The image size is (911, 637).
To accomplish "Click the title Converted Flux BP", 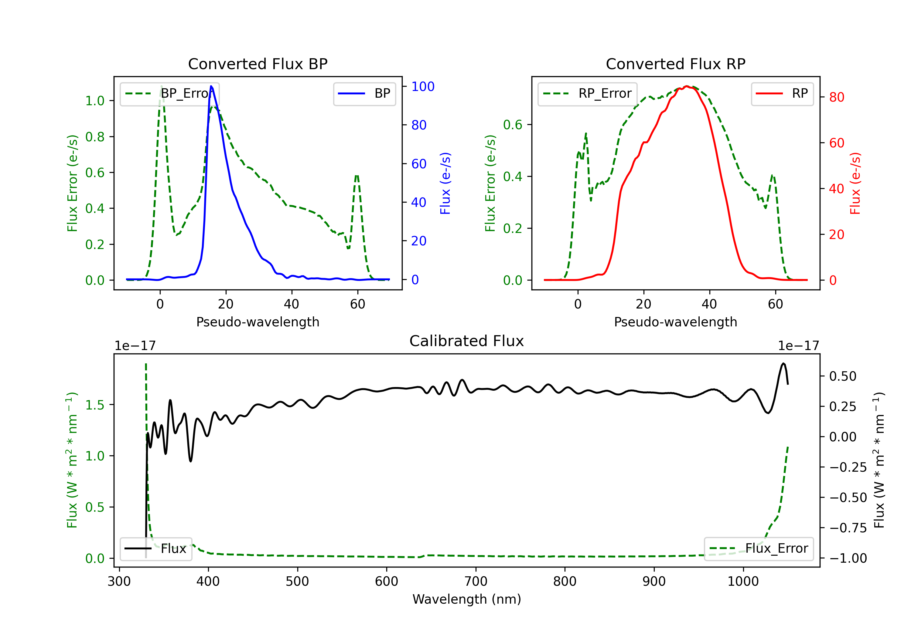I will point(258,64).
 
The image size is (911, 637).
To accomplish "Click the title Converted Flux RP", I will point(675,64).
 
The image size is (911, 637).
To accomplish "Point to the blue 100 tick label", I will point(423,86).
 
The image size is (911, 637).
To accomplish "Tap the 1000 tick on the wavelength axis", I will point(743,581).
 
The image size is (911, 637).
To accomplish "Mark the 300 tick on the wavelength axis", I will point(119,581).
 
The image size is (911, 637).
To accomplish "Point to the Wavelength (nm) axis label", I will point(467,599).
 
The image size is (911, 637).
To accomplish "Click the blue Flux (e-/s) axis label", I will point(445,183).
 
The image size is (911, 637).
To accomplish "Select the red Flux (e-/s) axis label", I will point(855,183).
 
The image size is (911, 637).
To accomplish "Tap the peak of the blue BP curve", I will point(211,86).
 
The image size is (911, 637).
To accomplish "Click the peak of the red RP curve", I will point(686,86).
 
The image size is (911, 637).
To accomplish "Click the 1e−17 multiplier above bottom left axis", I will point(135,346).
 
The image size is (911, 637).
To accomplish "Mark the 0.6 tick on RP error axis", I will point(512,125).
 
